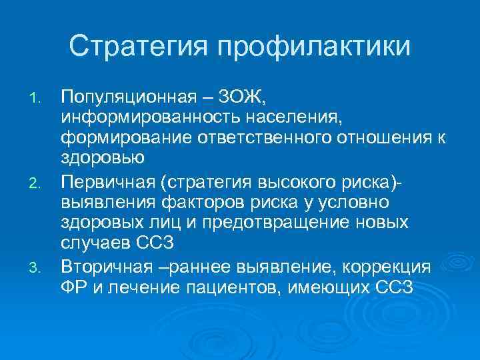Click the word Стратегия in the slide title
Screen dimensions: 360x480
[137, 47]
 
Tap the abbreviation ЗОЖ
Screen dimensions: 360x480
[243, 99]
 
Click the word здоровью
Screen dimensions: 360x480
[103, 158]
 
